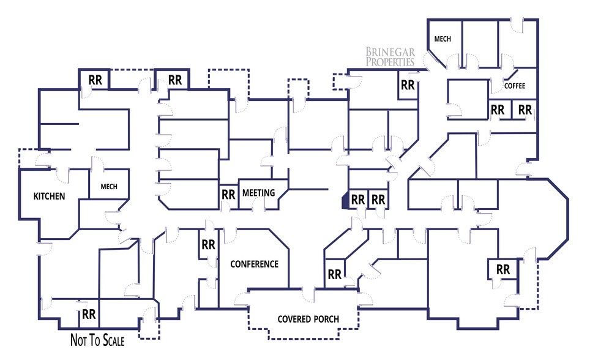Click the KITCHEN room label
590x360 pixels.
tap(50, 197)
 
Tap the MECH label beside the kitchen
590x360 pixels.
tap(109, 187)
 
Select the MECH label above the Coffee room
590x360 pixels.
tap(443, 39)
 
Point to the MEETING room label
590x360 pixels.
tap(258, 193)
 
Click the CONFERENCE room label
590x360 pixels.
tap(254, 264)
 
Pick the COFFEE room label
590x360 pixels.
tap(514, 86)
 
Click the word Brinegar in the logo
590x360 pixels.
tap(390, 52)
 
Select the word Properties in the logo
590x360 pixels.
tap(390, 62)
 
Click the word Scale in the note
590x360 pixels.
tap(110, 340)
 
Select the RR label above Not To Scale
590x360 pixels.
tap(89, 315)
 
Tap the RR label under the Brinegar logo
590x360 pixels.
tap(408, 86)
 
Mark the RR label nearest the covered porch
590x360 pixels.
tap(334, 275)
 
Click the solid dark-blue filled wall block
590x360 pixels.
tap(345, 200)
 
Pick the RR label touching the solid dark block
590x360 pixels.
tap(358, 200)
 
